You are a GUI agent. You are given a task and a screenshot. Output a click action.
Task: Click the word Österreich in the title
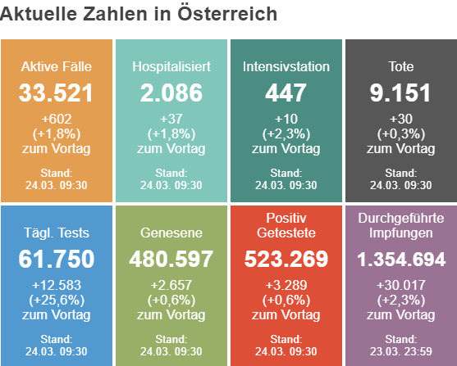[227, 13]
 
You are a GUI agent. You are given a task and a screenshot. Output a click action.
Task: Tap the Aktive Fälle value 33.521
[56, 93]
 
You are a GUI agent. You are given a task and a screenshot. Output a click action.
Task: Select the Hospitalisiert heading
[171, 66]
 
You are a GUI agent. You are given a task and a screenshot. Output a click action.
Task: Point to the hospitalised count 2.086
[171, 93]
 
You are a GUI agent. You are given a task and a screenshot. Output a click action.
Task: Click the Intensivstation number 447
[286, 93]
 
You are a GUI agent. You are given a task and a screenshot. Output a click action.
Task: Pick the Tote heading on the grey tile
[401, 66]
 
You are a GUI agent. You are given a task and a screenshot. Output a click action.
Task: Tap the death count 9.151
[400, 93]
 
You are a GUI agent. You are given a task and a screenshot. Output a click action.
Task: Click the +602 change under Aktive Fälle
[57, 119]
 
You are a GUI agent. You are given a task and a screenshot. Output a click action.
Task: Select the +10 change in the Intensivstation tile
[286, 119]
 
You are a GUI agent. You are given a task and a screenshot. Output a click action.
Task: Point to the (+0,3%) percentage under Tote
[401, 133]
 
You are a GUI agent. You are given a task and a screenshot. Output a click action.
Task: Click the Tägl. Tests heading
[57, 233]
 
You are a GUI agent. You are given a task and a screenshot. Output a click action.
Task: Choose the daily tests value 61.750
[57, 259]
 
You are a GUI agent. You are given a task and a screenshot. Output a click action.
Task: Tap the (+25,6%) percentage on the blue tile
[57, 300]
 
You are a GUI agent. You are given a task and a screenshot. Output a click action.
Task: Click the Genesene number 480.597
[171, 259]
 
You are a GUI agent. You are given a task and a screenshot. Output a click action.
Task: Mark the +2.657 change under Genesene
[171, 285]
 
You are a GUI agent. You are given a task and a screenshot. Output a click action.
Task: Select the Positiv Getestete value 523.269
[286, 259]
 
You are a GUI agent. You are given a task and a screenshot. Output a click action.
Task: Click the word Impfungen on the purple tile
[401, 233]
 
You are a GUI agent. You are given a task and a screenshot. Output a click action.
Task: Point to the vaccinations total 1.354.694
[401, 259]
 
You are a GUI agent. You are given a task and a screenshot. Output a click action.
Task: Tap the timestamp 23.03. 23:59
[401, 351]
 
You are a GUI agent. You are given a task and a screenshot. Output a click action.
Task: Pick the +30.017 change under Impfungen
[401, 285]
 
